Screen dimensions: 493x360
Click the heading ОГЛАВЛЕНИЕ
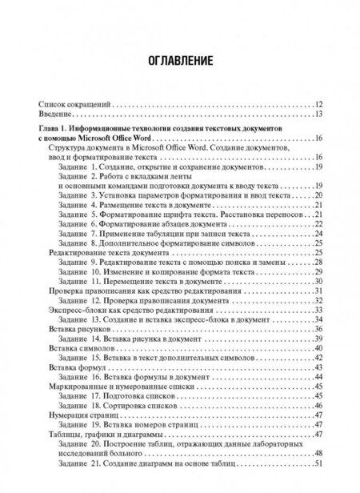(x=179, y=61)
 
